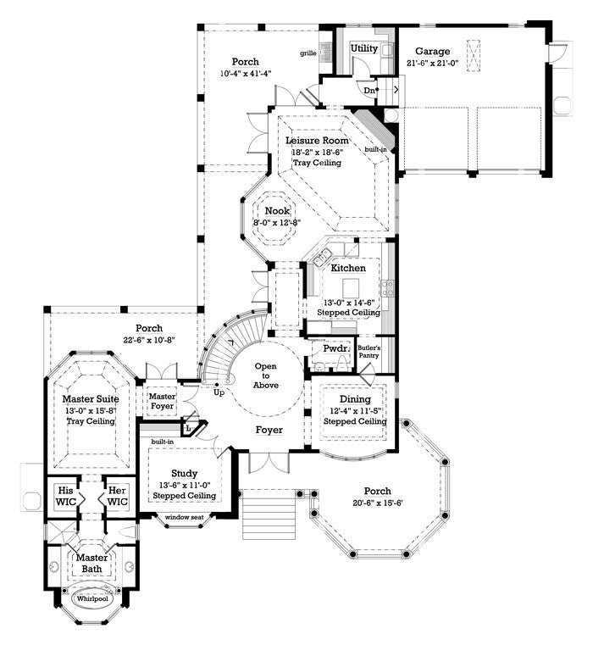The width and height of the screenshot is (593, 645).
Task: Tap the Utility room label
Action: (x=364, y=48)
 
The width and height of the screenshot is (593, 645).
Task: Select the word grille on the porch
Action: (x=308, y=53)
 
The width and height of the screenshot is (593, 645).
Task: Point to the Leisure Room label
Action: (x=317, y=140)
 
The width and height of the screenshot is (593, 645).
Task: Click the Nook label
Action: (x=276, y=210)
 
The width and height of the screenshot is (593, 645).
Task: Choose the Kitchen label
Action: (x=348, y=268)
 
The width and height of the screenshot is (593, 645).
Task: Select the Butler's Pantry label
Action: (x=369, y=352)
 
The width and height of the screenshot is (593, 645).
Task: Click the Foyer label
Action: (x=269, y=430)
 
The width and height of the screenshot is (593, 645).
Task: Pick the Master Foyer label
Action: (x=162, y=402)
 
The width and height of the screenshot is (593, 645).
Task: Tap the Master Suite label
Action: (x=91, y=398)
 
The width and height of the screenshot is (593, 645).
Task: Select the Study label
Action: (x=184, y=473)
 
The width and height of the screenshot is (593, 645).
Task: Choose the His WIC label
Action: (x=66, y=495)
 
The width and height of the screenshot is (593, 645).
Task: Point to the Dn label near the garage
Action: (x=370, y=89)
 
